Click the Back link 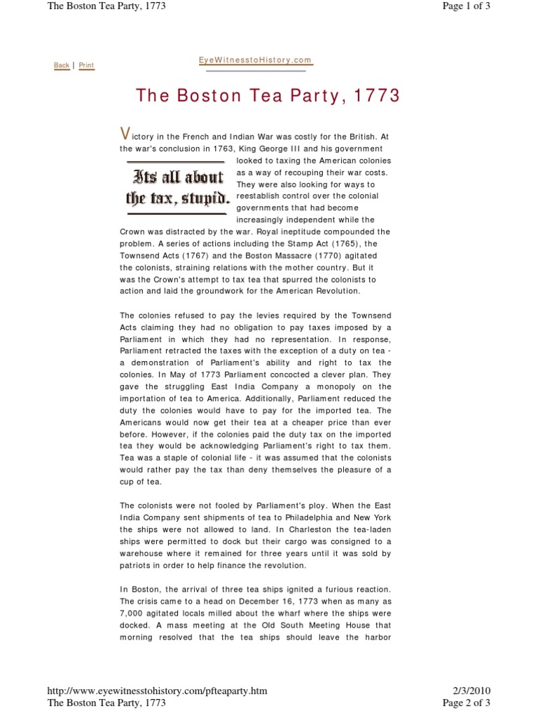(x=62, y=65)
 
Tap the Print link (x=86, y=65)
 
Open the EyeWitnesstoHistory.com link (x=255, y=61)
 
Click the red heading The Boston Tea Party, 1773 (x=268, y=96)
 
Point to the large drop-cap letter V (x=125, y=134)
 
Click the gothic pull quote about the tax (x=178, y=187)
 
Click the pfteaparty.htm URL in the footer (x=157, y=691)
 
